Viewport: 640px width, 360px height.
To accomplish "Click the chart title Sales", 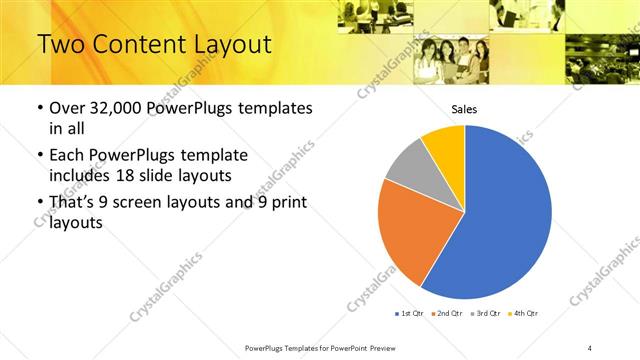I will (x=464, y=110).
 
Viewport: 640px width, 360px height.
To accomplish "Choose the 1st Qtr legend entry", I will (x=409, y=314).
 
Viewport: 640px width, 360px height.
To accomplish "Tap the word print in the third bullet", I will (x=289, y=204).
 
